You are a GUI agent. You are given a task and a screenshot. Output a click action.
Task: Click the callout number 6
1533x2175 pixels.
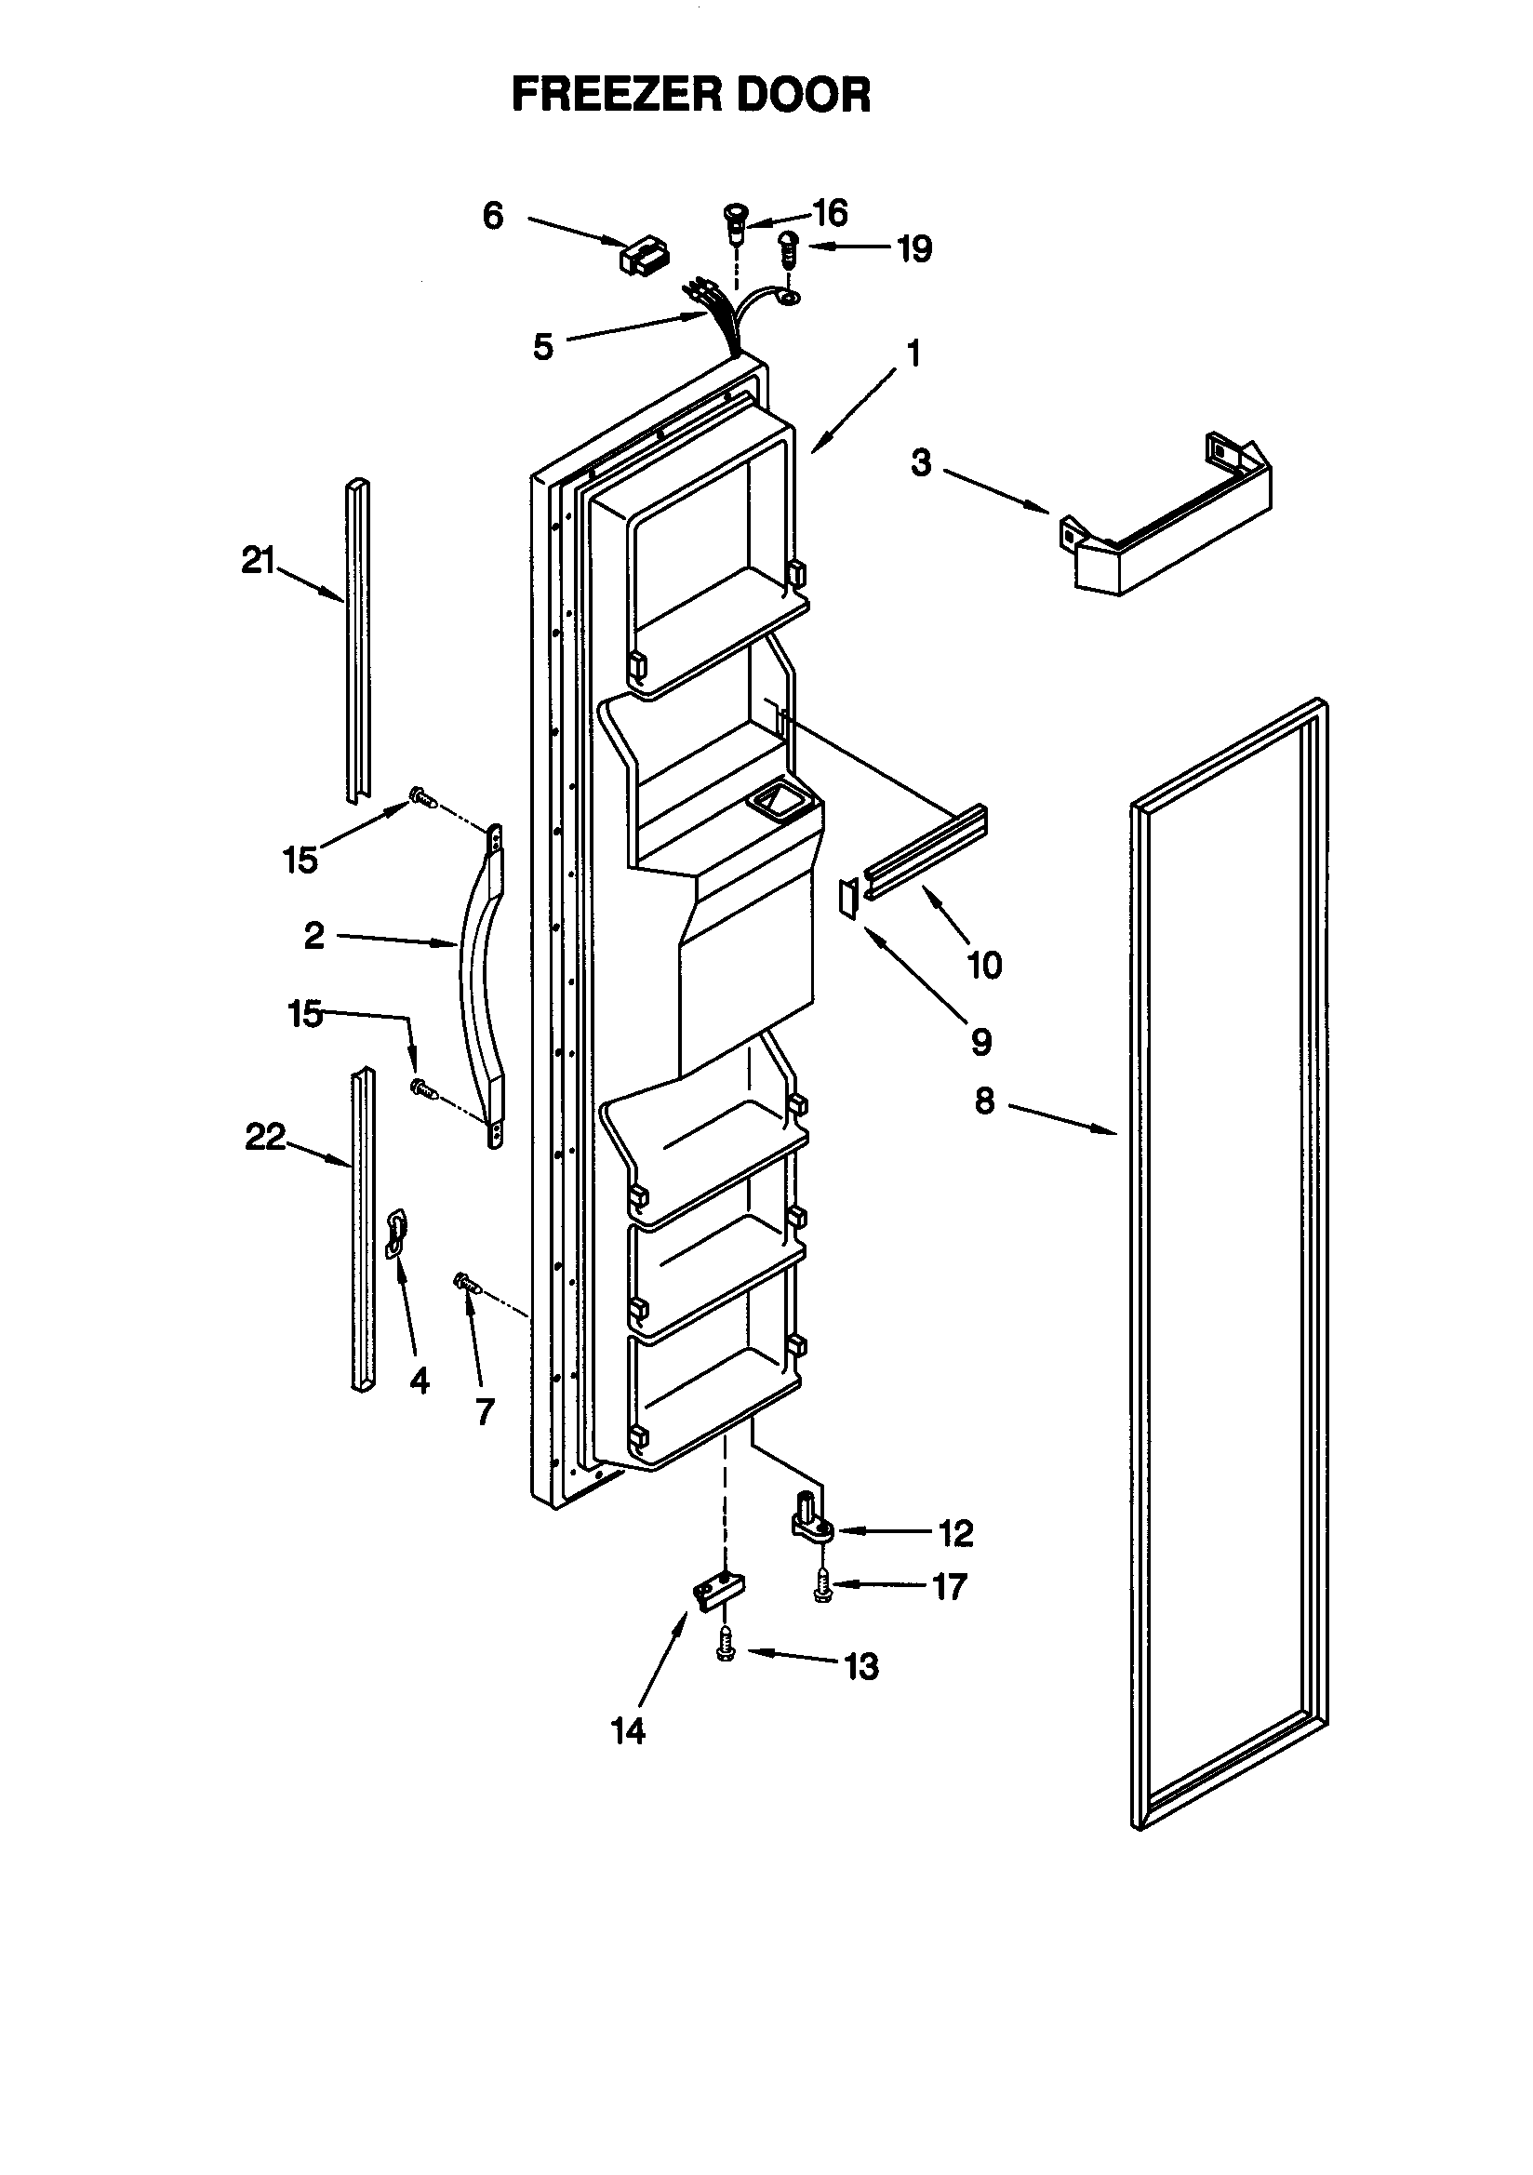tap(493, 216)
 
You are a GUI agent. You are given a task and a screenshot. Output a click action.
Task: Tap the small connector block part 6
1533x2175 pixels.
tap(644, 256)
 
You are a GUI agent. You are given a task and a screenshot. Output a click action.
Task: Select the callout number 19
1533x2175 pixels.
tap(914, 249)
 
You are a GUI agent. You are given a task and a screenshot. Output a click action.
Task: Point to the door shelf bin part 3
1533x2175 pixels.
tap(1170, 530)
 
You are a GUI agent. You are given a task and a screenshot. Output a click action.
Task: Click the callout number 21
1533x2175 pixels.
tap(258, 562)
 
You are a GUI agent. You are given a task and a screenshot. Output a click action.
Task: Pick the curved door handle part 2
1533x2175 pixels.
tap(479, 985)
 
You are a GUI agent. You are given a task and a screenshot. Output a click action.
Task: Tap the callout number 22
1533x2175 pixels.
tap(265, 1137)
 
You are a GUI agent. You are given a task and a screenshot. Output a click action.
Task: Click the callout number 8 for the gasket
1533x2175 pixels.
tap(984, 1101)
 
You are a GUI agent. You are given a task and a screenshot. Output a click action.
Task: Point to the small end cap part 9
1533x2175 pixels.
tap(848, 898)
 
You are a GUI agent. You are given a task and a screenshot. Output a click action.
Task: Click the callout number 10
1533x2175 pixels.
tap(984, 966)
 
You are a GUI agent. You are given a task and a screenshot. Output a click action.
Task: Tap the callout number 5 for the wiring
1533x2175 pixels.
tap(543, 347)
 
